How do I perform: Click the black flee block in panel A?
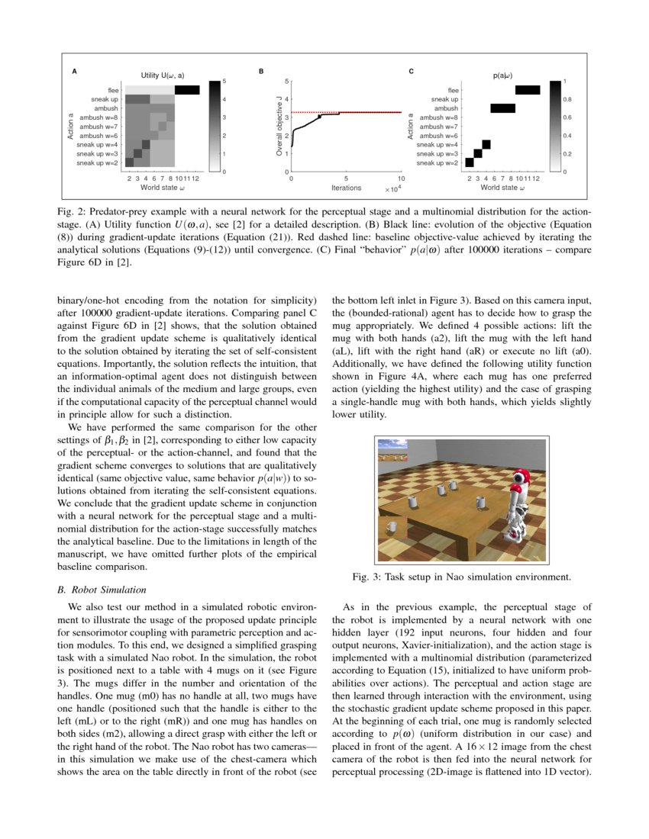(x=187, y=90)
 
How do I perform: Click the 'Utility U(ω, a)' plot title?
(x=163, y=76)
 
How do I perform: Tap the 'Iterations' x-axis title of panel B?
(x=346, y=187)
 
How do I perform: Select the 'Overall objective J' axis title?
(x=279, y=126)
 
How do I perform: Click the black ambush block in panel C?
(x=502, y=108)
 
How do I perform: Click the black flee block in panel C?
(x=528, y=90)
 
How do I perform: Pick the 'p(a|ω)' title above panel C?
(x=502, y=76)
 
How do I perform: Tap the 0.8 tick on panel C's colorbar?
(x=567, y=99)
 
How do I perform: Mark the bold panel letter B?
(x=261, y=72)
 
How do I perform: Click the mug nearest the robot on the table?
(x=481, y=502)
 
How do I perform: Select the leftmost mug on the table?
(x=412, y=502)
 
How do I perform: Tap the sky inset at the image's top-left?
(x=392, y=444)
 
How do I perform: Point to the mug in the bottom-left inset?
(x=393, y=527)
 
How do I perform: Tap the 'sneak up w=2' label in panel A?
(x=97, y=162)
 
